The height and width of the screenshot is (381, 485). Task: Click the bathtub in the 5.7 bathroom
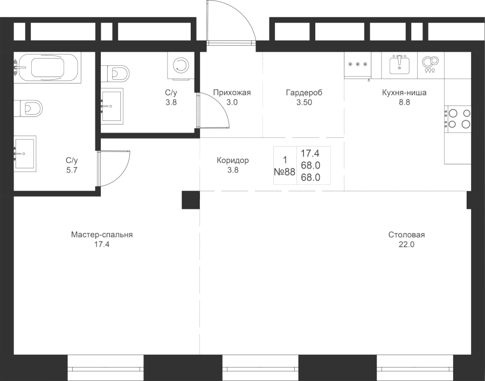47,67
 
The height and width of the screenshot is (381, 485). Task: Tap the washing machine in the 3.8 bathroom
181,66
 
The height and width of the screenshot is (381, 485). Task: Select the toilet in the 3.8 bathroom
115,74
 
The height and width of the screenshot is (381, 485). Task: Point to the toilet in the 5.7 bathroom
28,108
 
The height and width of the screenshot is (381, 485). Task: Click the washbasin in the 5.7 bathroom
25,154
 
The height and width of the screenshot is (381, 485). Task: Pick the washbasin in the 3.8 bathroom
112,106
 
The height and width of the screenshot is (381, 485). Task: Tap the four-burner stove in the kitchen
458,119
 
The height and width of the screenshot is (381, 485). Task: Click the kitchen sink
399,65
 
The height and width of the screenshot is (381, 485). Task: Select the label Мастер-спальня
102,234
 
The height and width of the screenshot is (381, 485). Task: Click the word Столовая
406,234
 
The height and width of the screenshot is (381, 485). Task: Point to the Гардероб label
304,93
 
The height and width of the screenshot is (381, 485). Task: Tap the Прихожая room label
232,93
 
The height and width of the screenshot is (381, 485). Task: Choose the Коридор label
233,160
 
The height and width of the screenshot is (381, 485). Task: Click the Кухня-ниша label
404,93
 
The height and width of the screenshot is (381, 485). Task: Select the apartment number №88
285,171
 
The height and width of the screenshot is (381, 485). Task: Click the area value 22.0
406,244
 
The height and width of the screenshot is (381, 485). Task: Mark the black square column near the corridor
191,200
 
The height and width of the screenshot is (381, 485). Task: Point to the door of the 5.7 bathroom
113,169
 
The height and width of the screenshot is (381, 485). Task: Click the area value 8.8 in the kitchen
404,102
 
